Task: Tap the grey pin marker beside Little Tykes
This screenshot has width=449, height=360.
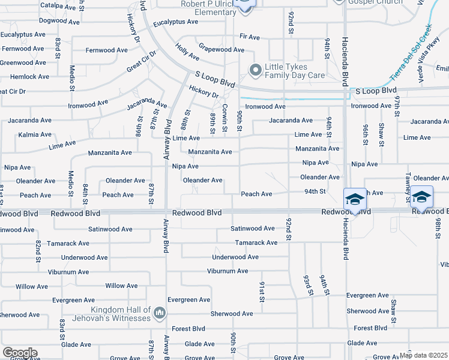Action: (x=256, y=71)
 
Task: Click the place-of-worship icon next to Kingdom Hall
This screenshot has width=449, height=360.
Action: (x=160, y=313)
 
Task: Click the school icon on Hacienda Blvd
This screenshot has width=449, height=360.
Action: (x=355, y=199)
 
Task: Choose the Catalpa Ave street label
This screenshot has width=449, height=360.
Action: (x=59, y=5)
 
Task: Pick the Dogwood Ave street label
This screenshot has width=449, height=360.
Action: (x=59, y=21)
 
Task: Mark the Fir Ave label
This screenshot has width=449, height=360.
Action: (x=249, y=37)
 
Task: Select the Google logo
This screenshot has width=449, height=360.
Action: (x=20, y=353)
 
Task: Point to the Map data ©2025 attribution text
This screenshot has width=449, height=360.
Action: (x=423, y=355)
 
